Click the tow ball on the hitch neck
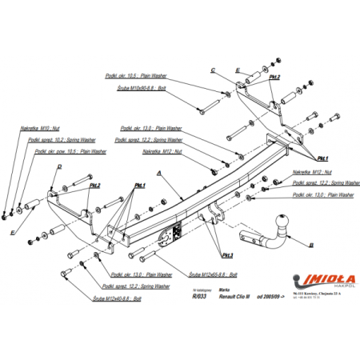[x=282, y=221]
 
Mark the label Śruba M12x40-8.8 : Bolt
[x=118, y=297]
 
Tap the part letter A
[x=159, y=173]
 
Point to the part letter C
[x=214, y=70]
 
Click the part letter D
[x=60, y=166]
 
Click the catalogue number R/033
[x=199, y=296]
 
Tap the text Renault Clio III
[x=235, y=296]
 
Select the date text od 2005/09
[x=276, y=296]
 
